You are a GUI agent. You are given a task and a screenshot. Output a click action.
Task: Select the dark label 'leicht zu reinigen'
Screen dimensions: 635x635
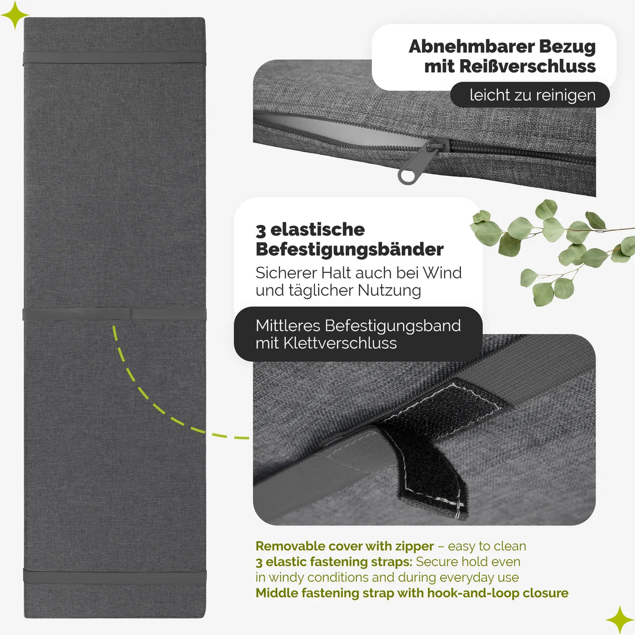pos(530,95)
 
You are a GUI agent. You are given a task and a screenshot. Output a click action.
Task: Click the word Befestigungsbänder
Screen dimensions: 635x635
pos(349,249)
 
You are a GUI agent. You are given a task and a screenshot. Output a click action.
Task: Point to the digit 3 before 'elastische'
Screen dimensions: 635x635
pos(260,230)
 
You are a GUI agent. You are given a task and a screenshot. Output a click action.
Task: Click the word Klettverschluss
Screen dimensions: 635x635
pos(340,343)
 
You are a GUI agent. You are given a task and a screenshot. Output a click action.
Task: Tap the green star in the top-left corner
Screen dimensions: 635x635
pos(14,15)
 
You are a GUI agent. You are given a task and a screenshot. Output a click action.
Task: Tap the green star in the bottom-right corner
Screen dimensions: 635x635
pos(620,620)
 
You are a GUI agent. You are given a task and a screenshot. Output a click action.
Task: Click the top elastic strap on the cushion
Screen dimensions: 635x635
pos(114,58)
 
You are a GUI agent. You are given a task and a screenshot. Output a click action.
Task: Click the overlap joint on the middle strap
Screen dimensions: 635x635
pos(131,314)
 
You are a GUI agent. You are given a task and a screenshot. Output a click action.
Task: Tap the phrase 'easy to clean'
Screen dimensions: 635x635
pos(487,546)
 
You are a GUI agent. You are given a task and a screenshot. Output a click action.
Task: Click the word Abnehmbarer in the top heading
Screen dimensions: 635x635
pos(471,47)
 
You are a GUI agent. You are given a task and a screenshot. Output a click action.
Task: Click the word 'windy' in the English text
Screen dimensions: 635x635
pos(286,578)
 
